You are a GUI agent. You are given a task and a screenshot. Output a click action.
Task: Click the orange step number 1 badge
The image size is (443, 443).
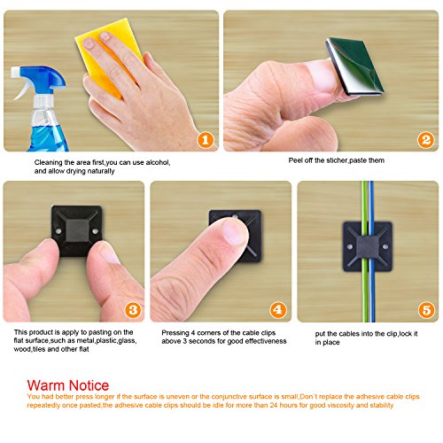tap(206, 140)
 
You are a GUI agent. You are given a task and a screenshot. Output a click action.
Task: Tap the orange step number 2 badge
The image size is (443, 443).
tap(425, 140)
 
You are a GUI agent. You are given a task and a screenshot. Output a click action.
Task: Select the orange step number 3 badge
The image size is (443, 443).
tap(133, 310)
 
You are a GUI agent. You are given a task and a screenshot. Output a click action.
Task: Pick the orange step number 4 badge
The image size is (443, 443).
tap(278, 310)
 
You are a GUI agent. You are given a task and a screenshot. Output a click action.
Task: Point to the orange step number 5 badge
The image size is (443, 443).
tap(426, 310)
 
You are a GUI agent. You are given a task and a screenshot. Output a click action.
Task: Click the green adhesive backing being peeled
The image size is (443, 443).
tap(356, 66)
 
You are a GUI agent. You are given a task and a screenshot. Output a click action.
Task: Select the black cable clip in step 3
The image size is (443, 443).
tap(77, 231)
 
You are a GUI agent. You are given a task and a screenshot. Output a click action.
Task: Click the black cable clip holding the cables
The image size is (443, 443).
tap(368, 246)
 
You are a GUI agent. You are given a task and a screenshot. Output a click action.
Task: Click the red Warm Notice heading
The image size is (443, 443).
tap(68, 385)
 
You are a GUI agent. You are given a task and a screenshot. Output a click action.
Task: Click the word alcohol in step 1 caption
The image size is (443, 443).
tap(158, 162)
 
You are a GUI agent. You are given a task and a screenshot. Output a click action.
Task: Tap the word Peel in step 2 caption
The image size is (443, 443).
tap(295, 160)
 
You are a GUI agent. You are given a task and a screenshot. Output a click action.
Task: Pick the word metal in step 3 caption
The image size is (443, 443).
tap(85, 341)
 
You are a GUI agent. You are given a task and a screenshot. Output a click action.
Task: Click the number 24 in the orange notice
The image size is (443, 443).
tap(274, 405)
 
